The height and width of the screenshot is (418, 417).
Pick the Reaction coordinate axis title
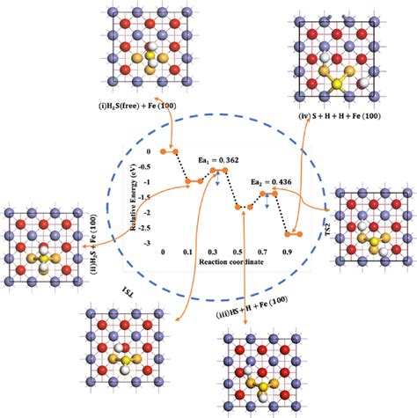click(225, 262)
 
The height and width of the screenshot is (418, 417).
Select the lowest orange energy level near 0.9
click(295, 234)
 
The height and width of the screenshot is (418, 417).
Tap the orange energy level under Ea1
click(219, 169)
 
